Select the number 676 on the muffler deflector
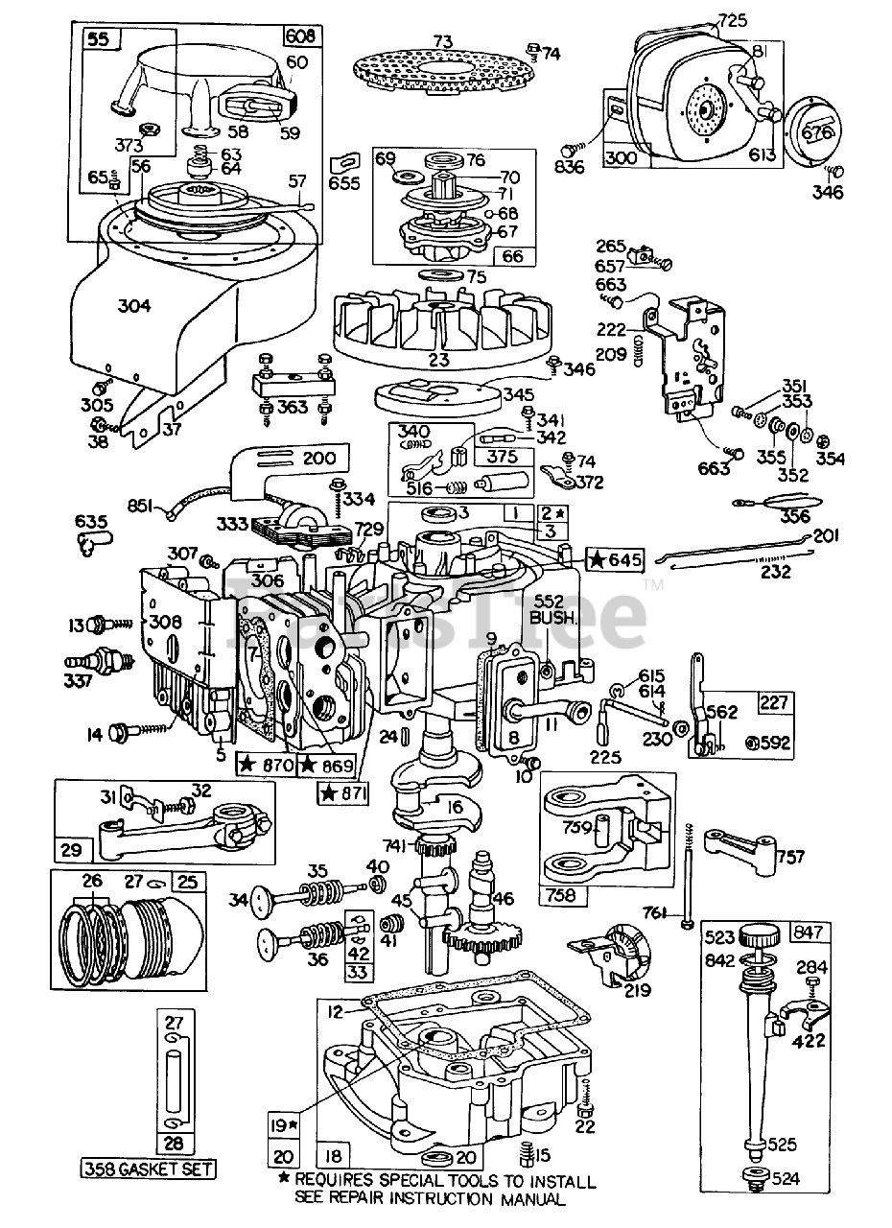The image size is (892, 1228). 817,131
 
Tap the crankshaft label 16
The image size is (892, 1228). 454,807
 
